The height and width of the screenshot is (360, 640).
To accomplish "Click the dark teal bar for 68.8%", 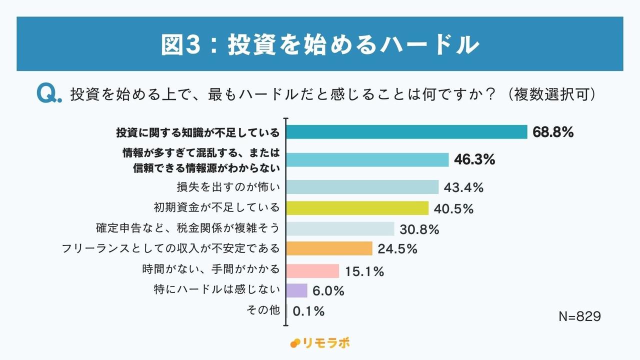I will coord(407,132).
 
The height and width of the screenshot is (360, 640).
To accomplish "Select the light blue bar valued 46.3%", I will coord(368,159).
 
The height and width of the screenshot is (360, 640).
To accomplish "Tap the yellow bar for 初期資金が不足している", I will coord(358,208).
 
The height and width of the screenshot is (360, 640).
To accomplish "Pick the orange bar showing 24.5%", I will coord(330,248).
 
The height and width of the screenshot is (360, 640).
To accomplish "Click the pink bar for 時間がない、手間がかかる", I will coord(313,270).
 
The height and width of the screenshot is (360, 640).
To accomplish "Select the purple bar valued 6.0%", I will coord(297,290).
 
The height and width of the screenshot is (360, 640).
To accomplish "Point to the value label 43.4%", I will coord(464,187).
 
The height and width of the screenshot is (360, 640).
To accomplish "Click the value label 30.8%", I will coord(419,229).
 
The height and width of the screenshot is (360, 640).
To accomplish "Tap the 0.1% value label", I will coord(308,311).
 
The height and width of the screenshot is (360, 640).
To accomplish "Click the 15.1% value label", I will coord(364,271).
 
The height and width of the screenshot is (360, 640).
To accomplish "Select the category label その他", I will coord(263,310).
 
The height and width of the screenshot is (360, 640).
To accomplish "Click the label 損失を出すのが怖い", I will coord(227,187).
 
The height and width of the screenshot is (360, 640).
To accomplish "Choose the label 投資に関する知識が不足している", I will coord(197,133).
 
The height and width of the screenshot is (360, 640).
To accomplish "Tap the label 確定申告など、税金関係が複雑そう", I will coord(187,228).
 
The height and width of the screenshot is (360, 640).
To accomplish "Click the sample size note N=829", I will coord(579,317).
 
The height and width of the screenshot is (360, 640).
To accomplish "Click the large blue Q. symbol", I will coord(49,93).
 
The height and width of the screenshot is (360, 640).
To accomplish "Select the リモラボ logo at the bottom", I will coord(320,343).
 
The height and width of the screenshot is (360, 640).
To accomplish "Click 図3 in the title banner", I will coord(180,45).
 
